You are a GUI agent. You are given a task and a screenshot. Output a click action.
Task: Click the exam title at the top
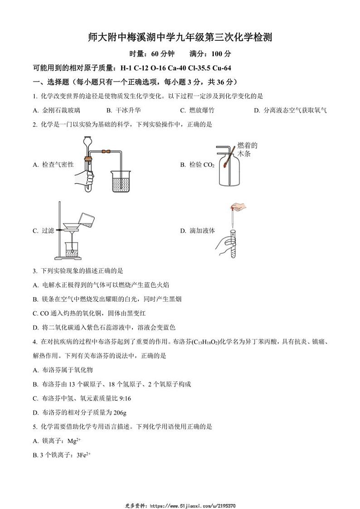(x=180, y=37)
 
